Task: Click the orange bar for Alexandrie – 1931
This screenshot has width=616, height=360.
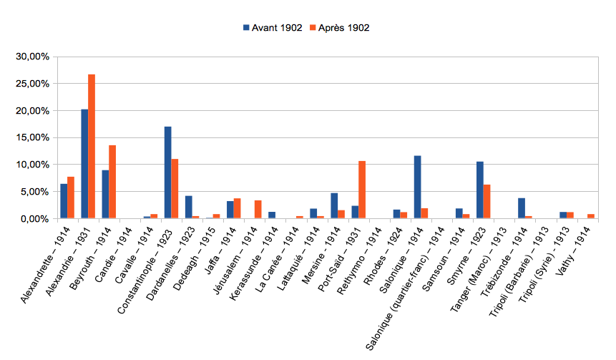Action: [92, 146]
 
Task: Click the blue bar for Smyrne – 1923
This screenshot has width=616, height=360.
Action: [480, 190]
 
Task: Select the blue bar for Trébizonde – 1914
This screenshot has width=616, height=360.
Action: [522, 208]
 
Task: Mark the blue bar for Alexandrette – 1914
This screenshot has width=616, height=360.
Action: [64, 201]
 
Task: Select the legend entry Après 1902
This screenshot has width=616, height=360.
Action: [339, 28]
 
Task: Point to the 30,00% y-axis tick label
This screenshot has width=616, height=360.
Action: [33, 57]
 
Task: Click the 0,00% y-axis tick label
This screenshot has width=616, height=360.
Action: [35, 218]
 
